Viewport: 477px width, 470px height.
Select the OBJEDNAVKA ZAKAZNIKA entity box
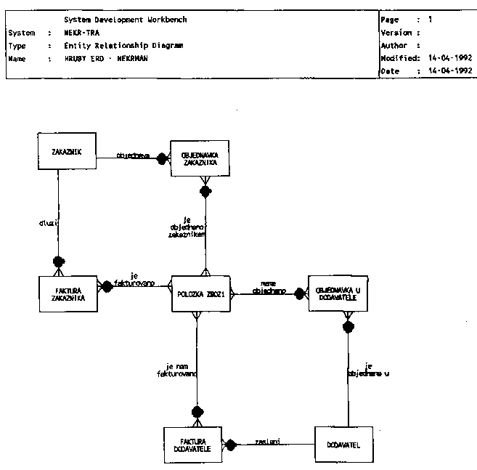200,158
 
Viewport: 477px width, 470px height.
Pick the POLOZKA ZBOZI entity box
200,294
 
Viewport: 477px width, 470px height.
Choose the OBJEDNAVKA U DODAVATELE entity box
338,293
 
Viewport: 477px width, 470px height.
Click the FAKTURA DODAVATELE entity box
192,444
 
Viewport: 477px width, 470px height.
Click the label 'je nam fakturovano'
178,370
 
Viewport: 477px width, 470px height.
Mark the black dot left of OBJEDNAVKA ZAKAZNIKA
163,160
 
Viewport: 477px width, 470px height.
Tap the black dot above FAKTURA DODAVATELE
197,413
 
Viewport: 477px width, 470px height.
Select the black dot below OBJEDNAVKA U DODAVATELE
348,326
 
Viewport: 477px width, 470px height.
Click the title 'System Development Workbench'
125,20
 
